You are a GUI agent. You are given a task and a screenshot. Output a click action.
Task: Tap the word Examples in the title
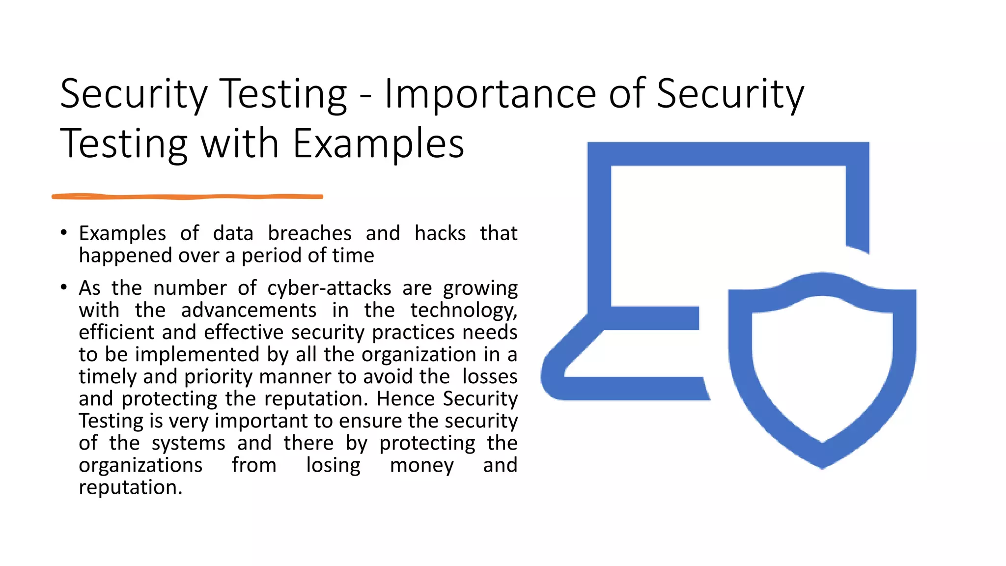click(x=378, y=143)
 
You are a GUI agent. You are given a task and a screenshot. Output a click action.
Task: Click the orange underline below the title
click(x=187, y=197)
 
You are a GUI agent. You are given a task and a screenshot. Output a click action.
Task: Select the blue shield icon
click(x=822, y=368)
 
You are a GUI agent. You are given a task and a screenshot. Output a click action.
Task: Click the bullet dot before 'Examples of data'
click(x=63, y=232)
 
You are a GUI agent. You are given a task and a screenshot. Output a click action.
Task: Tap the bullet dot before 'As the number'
click(x=63, y=287)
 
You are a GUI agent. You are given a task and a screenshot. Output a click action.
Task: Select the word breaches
click(x=309, y=233)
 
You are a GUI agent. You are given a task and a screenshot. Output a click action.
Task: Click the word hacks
click(x=440, y=233)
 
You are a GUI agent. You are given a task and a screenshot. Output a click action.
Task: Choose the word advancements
click(x=249, y=311)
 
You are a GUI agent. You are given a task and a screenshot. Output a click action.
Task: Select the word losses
click(x=490, y=377)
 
